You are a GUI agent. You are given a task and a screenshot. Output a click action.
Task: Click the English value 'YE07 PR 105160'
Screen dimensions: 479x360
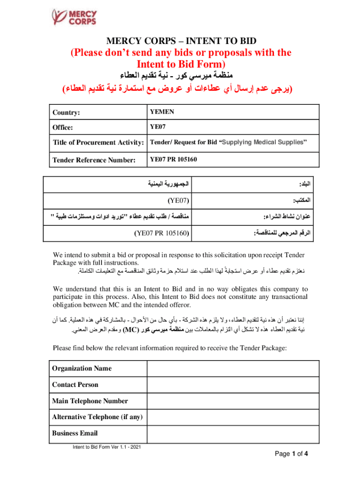click(x=173, y=160)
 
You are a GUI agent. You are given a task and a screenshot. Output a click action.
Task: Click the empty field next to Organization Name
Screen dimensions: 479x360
click(x=233, y=368)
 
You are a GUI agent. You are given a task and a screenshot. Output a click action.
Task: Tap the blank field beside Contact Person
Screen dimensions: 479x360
click(x=233, y=385)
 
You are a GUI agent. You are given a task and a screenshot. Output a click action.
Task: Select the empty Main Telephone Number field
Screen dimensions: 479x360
click(x=233, y=401)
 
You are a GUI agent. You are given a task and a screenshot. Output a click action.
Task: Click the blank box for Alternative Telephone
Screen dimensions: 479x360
click(x=233, y=417)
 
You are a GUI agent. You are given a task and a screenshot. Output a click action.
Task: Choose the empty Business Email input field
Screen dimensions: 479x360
click(x=233, y=433)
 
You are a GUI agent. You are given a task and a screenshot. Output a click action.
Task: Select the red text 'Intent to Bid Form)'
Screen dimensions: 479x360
click(x=180, y=63)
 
